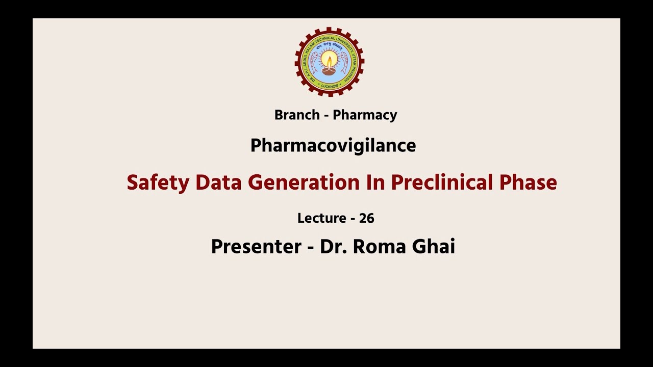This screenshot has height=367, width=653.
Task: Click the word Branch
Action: pyautogui.click(x=296, y=115)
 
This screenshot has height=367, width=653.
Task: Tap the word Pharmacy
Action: pyautogui.click(x=365, y=115)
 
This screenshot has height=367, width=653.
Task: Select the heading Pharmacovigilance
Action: pyautogui.click(x=333, y=146)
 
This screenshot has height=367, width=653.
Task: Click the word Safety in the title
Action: pyautogui.click(x=158, y=182)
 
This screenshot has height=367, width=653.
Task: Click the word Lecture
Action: pyautogui.click(x=322, y=218)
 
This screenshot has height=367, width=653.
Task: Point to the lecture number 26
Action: pyautogui.click(x=366, y=218)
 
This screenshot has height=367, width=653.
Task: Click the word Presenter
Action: pyautogui.click(x=256, y=247)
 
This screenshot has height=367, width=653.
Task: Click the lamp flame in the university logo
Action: pyautogui.click(x=330, y=57)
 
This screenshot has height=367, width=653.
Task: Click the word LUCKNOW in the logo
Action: pyautogui.click(x=330, y=85)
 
